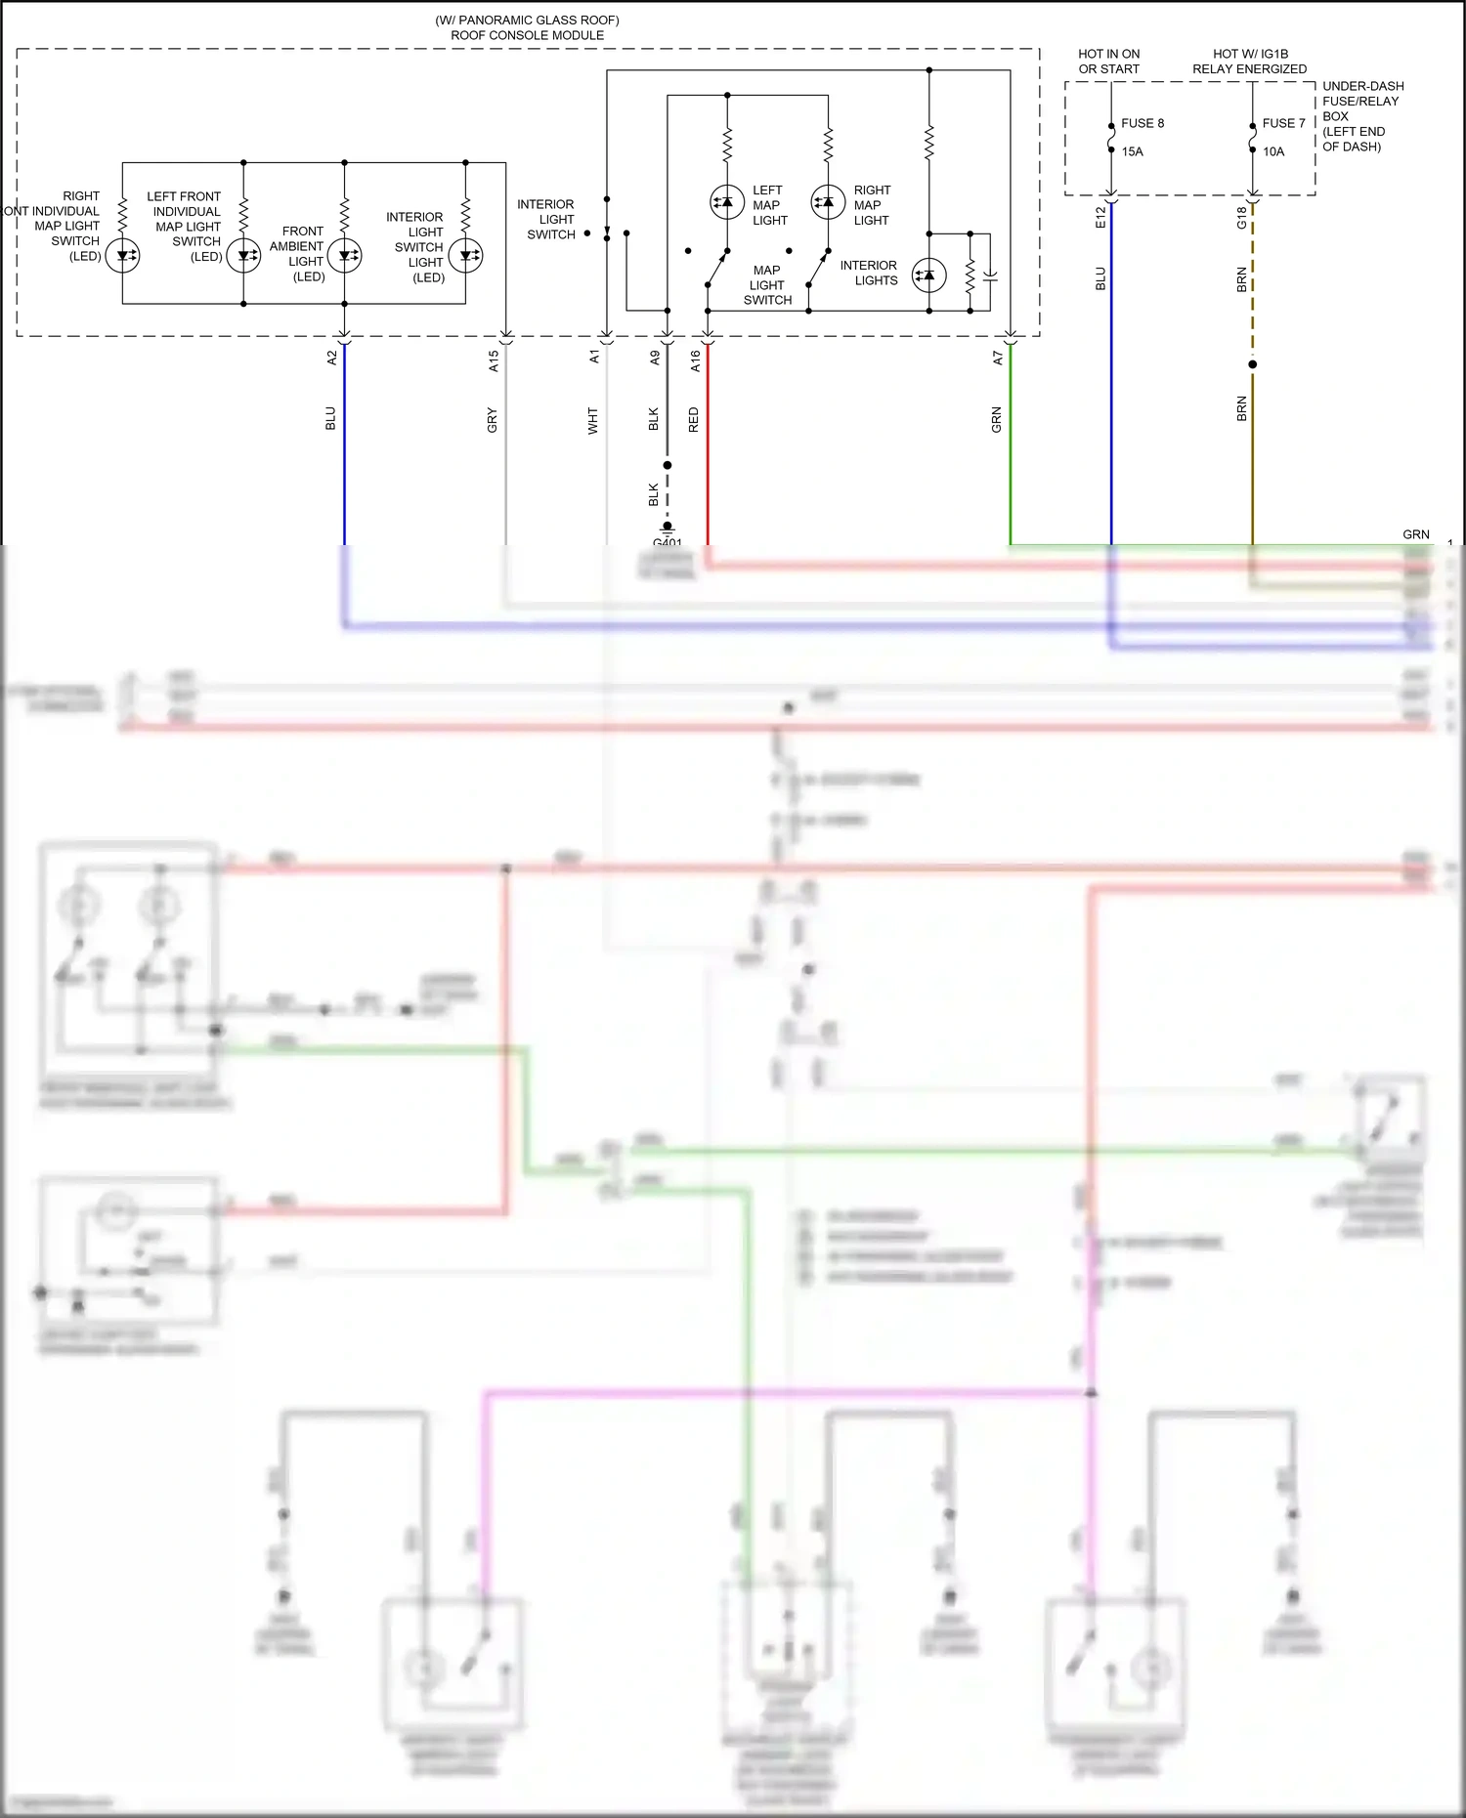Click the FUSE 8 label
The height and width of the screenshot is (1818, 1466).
coord(1142,123)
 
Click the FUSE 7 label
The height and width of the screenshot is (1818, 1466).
coord(1283,123)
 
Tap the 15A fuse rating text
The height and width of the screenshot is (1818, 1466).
coord(1132,151)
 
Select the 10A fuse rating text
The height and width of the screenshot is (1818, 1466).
coord(1273,151)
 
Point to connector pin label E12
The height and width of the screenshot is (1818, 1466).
coord(1100,217)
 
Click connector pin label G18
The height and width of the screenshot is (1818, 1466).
coord(1242,217)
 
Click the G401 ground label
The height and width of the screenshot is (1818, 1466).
coord(668,542)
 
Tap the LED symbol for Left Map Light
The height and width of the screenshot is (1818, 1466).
coord(727,202)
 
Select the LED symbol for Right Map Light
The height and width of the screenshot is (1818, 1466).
coord(828,202)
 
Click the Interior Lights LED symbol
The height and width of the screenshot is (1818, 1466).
coord(928,276)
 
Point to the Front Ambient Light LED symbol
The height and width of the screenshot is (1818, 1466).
coord(344,257)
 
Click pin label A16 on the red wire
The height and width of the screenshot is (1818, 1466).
coord(695,361)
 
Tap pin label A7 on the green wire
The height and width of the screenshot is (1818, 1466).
coord(998,359)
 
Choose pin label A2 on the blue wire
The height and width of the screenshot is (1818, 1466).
coord(331,359)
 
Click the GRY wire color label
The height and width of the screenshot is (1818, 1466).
coord(493,420)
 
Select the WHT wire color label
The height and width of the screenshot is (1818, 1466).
coord(593,421)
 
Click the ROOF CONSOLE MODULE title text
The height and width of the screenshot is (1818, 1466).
coord(527,35)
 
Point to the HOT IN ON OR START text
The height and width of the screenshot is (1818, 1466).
coord(1108,61)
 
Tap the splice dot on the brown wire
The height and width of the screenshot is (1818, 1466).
coord(1253,364)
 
